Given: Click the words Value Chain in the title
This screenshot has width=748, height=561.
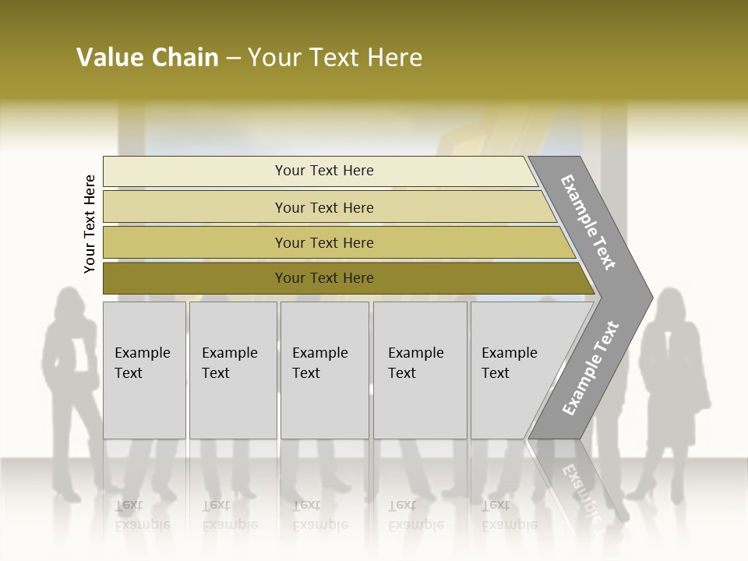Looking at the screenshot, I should pyautogui.click(x=147, y=58).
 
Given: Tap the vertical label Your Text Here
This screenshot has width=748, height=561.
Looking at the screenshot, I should pyautogui.click(x=90, y=224).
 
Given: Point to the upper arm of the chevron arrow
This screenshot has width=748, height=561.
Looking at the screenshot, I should pyautogui.click(x=588, y=222).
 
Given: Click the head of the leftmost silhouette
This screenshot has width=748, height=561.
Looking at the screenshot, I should pyautogui.click(x=69, y=302).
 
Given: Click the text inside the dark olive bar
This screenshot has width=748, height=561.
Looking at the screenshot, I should pyautogui.click(x=324, y=278).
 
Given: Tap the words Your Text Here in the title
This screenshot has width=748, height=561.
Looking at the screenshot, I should pyautogui.click(x=335, y=58).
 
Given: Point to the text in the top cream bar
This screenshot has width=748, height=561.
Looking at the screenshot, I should pyautogui.click(x=324, y=171).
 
